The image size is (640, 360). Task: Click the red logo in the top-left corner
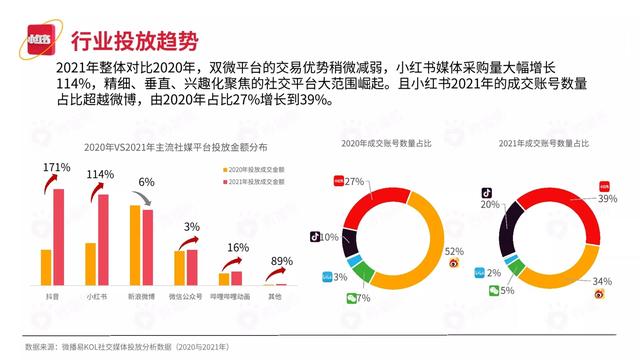click(41, 41)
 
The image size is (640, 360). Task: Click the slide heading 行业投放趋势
click(129, 41)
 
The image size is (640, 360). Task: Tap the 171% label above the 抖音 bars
click(56, 166)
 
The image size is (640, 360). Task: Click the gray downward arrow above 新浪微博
click(147, 199)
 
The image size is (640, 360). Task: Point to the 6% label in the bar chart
click(146, 182)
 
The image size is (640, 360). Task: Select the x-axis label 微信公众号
click(185, 297)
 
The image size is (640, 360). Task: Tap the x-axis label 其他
click(274, 297)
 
